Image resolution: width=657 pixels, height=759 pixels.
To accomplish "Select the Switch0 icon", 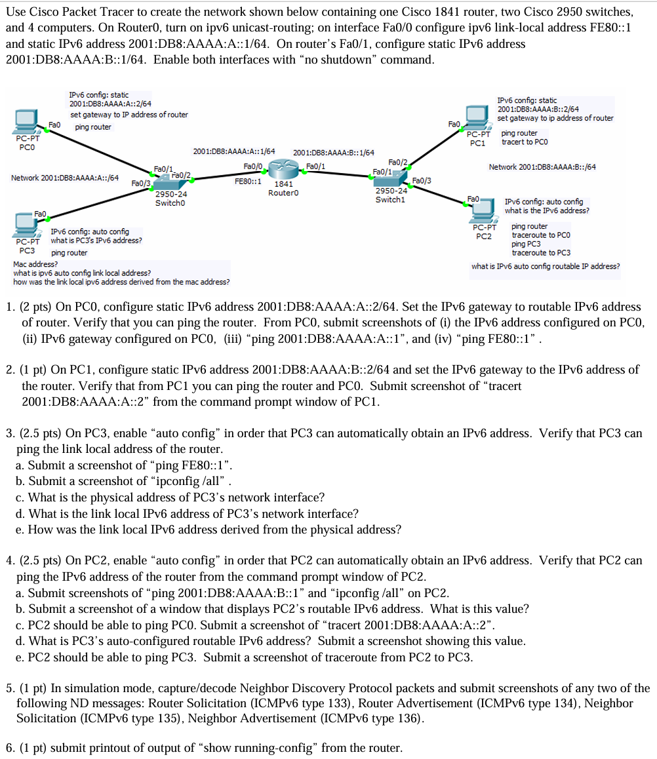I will coord(169,183).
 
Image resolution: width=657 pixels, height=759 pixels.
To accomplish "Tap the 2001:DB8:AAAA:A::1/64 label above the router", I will coord(233,152).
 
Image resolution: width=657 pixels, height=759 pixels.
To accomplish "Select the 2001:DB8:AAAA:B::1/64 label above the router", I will coord(333,153).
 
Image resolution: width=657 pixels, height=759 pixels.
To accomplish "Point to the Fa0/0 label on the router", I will coord(252,166).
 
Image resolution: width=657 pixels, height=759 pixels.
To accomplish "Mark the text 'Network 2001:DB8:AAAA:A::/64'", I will coord(65,177).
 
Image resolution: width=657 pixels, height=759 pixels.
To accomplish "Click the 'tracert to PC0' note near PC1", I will coord(525,142).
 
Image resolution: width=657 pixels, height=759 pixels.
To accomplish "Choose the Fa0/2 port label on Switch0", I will coord(181,175).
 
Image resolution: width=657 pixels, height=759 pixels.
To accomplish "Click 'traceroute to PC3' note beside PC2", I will coord(541,252).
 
